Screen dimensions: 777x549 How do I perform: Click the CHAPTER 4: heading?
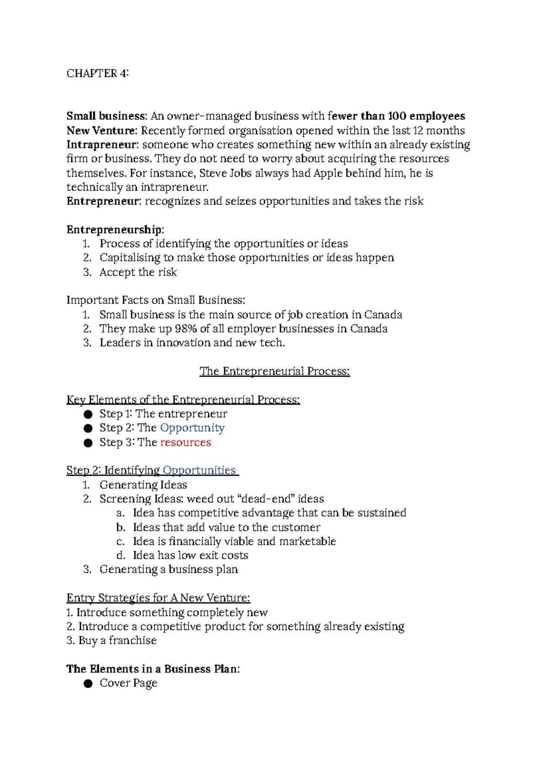click(97, 73)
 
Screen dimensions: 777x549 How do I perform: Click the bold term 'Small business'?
click(106, 116)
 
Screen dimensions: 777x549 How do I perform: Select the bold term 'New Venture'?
click(101, 130)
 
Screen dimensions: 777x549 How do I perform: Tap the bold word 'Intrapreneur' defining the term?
click(102, 145)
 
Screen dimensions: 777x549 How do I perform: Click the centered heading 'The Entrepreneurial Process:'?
click(274, 371)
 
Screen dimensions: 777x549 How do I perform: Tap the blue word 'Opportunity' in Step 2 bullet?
click(192, 428)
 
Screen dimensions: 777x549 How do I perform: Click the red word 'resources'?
click(185, 442)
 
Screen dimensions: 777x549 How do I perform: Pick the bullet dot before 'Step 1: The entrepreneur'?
click(88, 415)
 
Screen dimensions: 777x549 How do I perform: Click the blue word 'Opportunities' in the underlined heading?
click(199, 470)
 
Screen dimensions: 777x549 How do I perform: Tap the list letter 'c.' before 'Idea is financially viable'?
click(120, 541)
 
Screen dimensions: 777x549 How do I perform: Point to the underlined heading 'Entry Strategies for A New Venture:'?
click(158, 598)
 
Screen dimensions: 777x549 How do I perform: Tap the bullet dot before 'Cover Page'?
click(88, 684)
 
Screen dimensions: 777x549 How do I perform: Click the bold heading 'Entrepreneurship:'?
click(115, 229)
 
